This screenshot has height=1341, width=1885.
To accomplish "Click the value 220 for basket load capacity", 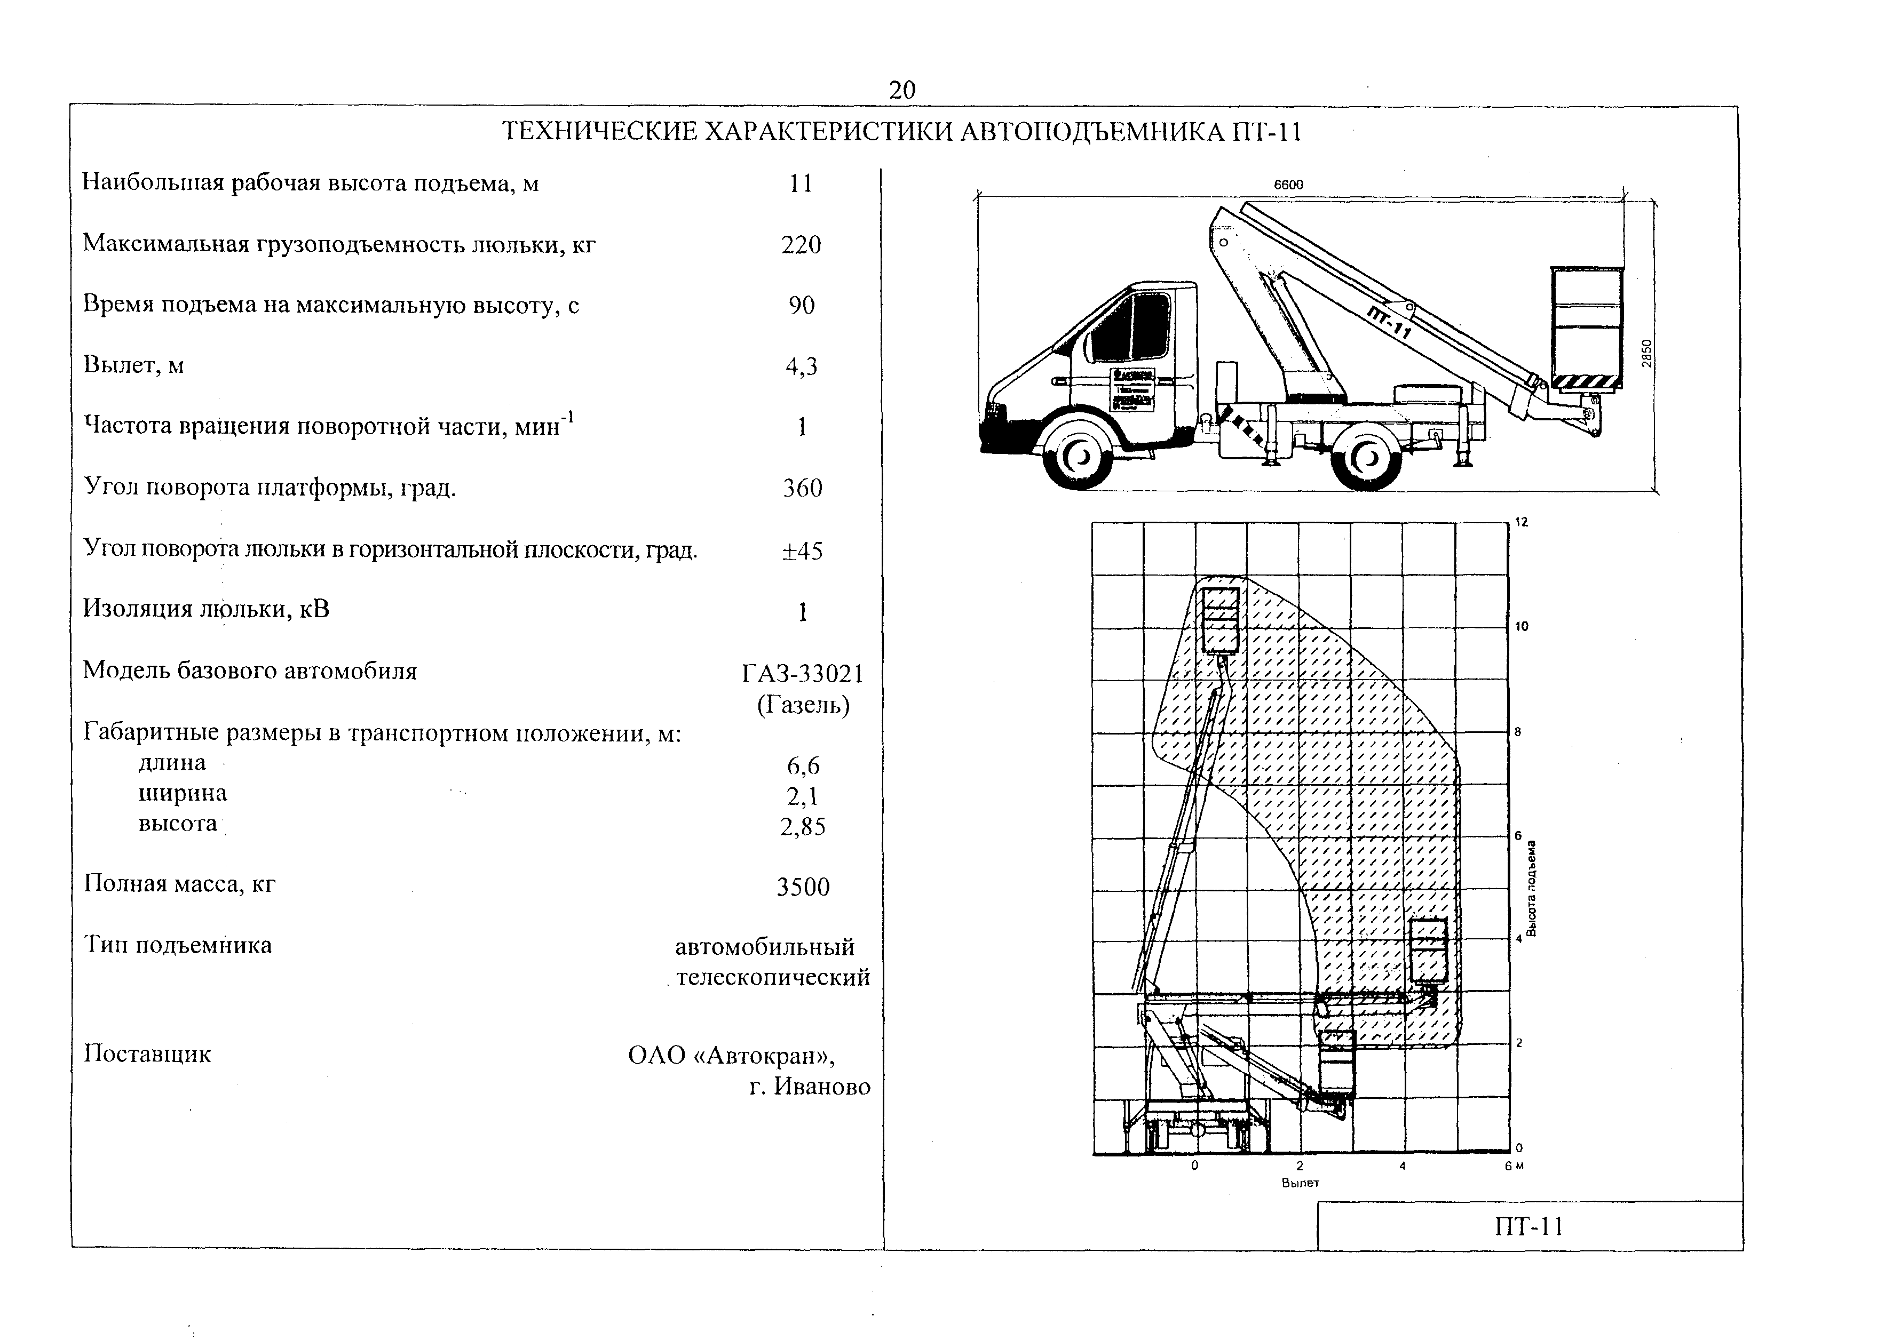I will point(801,245).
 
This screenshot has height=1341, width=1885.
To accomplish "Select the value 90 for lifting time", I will point(801,306).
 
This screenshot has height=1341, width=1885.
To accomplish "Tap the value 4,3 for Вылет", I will point(801,366).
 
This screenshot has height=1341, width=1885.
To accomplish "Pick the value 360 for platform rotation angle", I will point(802,488).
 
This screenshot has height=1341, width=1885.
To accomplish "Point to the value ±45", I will point(802,551).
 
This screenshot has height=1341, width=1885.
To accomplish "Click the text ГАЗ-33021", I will point(802,675).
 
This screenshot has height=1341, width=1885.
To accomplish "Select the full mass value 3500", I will point(803,887).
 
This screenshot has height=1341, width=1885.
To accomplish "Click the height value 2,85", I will point(802,827).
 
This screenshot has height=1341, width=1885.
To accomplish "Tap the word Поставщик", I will point(148,1055).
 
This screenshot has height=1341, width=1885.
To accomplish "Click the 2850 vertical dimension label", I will point(1646,354).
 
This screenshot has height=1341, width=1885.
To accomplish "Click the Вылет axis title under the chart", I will point(1300,1183).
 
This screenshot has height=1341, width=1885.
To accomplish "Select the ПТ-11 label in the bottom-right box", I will point(1529,1227).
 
